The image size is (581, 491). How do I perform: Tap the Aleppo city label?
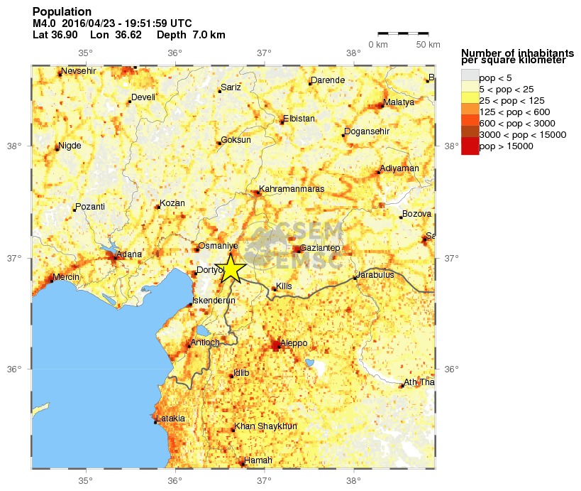294,343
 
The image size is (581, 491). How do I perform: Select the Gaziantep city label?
321,248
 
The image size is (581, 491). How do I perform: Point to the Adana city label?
129,254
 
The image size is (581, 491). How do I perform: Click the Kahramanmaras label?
292,189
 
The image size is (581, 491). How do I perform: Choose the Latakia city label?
170,419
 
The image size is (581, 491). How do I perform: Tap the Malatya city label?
398,103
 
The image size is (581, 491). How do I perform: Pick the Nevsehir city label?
77,72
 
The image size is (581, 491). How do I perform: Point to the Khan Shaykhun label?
265,426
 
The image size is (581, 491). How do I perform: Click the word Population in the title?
62,12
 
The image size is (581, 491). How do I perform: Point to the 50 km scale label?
428,45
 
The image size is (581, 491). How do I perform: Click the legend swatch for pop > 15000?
470,147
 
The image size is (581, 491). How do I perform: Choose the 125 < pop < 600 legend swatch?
470,112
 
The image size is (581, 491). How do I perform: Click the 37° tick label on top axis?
264,53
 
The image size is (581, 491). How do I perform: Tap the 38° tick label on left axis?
15,146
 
